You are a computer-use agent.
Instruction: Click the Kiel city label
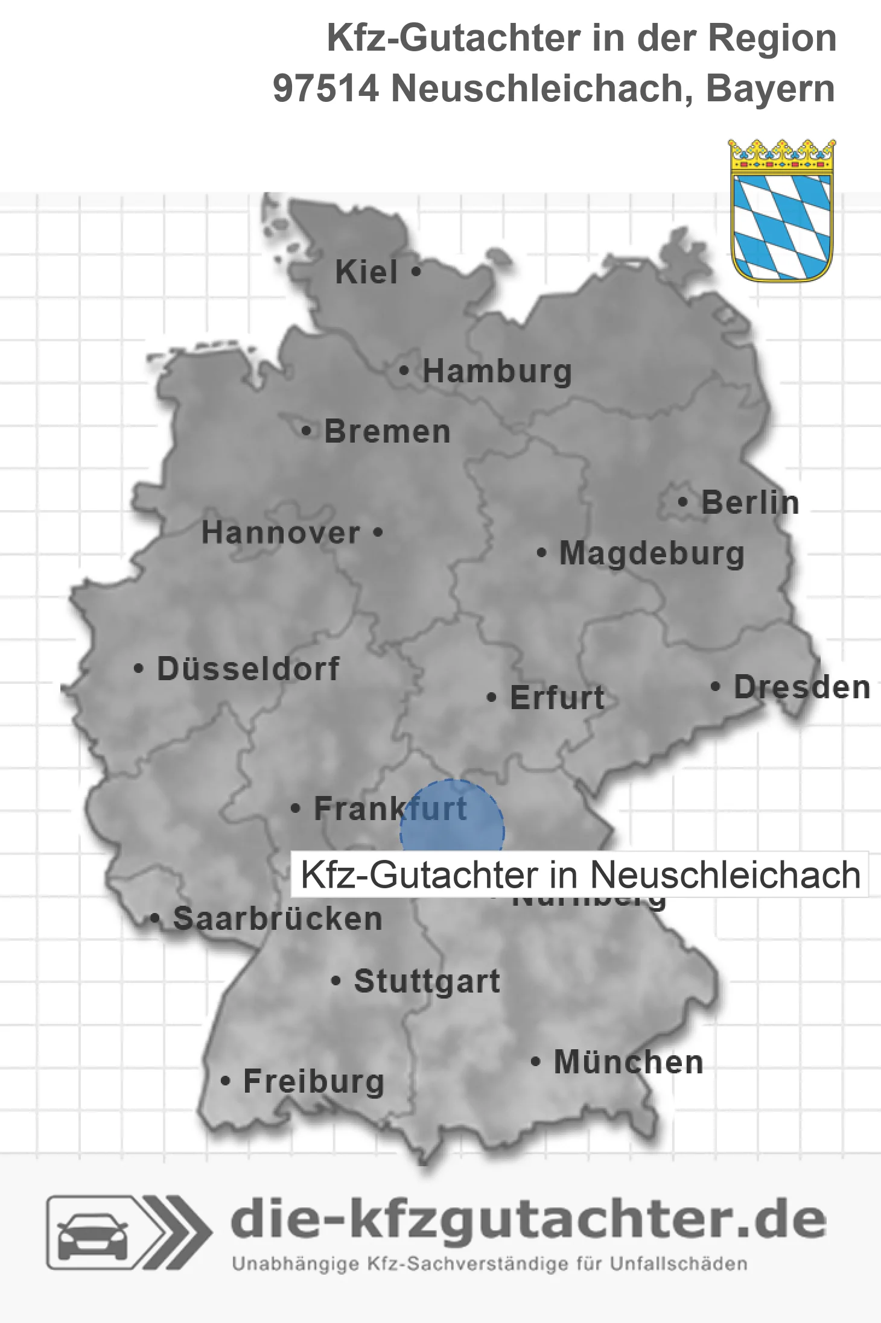(x=366, y=272)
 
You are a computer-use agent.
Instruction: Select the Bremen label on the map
(x=387, y=432)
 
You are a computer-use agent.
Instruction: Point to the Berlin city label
(x=750, y=502)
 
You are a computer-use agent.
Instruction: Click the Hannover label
(x=281, y=532)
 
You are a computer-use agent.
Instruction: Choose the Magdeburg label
(x=652, y=553)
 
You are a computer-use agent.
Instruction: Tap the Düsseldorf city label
(x=248, y=669)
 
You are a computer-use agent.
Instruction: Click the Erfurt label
(x=557, y=698)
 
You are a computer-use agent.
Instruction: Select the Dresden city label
(x=802, y=687)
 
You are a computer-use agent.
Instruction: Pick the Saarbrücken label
(x=278, y=919)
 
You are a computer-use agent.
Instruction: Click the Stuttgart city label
(x=427, y=981)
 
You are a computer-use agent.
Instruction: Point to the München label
(x=628, y=1062)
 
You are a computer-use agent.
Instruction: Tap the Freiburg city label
(x=313, y=1081)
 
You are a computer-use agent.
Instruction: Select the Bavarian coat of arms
(x=782, y=210)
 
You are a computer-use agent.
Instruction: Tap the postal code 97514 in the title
(x=326, y=89)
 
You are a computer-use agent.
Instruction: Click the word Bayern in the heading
(x=770, y=89)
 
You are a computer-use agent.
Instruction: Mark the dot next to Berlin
(x=682, y=502)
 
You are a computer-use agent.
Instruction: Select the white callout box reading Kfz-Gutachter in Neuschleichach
(x=579, y=874)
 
